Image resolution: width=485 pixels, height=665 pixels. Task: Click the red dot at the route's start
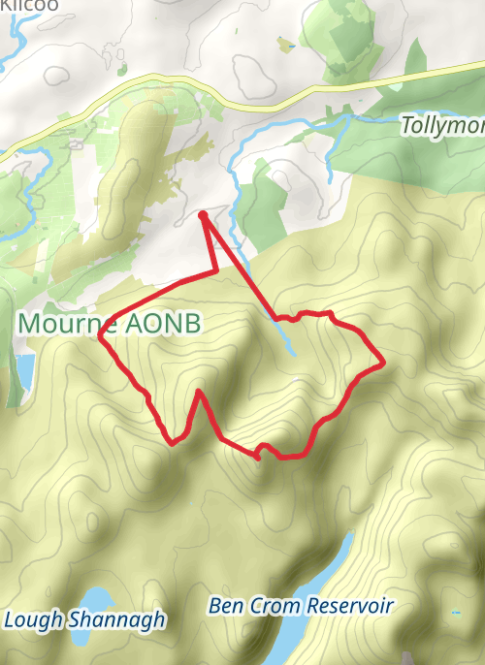click(203, 215)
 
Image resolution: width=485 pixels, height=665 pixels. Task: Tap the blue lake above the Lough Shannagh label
click(96, 599)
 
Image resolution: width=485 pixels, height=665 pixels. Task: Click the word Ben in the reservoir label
click(224, 607)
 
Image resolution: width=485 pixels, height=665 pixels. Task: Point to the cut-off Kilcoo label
click(29, 5)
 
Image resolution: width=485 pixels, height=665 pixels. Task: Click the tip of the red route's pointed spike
click(199, 392)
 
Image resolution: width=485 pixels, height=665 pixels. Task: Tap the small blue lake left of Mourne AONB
click(23, 368)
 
